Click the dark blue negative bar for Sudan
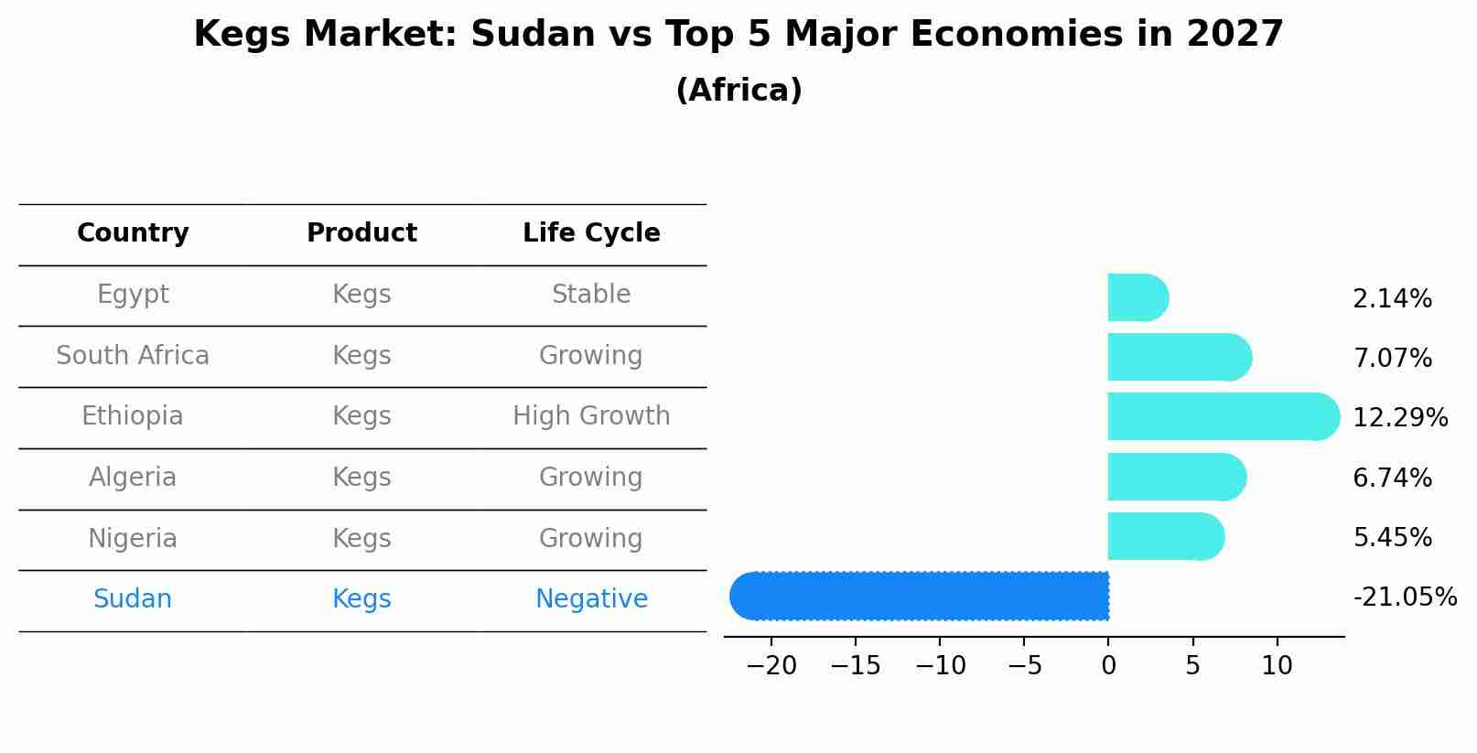tap(920, 596)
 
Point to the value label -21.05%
tap(1404, 597)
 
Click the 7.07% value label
tap(1392, 359)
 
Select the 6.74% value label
tap(1392, 478)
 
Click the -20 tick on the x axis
tap(771, 666)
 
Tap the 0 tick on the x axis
tap(1108, 666)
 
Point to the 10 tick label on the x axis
tap(1277, 666)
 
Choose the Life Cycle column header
tap(591, 233)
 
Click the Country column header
tap(133, 233)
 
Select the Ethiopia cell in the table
tap(133, 416)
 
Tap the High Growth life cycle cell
tap(591, 416)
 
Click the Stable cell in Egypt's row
tap(591, 295)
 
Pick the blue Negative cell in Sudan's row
tap(591, 599)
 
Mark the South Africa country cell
tap(133, 356)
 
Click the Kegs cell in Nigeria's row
tap(361, 538)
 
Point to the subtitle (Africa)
tap(738, 91)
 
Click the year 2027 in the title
tap(1234, 35)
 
